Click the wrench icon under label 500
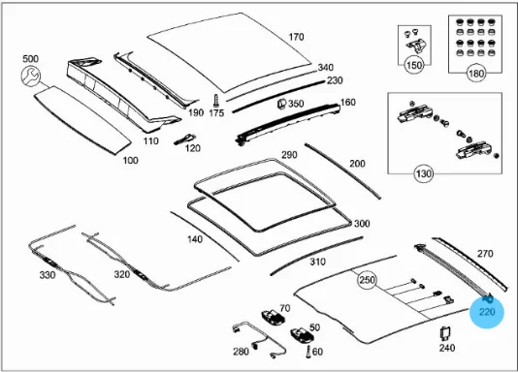30,76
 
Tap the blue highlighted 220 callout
487,312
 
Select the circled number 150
414,65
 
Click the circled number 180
476,74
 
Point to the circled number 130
424,173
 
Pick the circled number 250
367,280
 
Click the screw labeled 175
216,100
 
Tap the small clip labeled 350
281,104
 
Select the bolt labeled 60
308,352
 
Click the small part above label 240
446,333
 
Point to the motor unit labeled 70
273,317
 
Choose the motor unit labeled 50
302,335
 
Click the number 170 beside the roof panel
296,37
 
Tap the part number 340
325,68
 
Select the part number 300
362,224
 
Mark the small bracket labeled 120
184,139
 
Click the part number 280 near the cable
241,352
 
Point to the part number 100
131,161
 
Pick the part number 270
485,254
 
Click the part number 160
348,103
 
